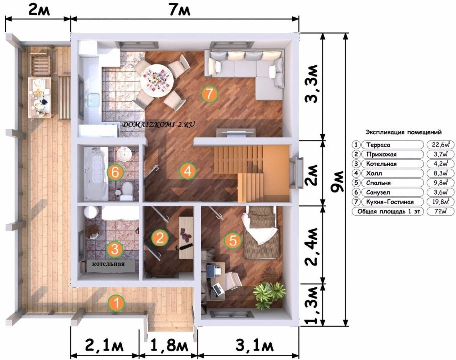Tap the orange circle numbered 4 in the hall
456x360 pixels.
click(187, 171)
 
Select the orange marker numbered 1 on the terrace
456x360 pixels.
click(116, 303)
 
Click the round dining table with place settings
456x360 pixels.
click(157, 80)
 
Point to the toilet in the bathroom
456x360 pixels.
click(127, 191)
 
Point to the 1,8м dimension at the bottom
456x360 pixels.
click(168, 346)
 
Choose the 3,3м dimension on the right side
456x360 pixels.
click(311, 84)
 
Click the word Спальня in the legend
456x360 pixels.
click(378, 183)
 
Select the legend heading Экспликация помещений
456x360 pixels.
click(404, 132)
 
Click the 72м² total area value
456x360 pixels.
click(440, 211)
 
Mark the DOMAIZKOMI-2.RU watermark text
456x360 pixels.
click(158, 124)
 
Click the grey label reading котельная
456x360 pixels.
click(108, 264)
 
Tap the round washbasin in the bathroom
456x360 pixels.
click(124, 153)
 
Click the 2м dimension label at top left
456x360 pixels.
click(39, 10)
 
